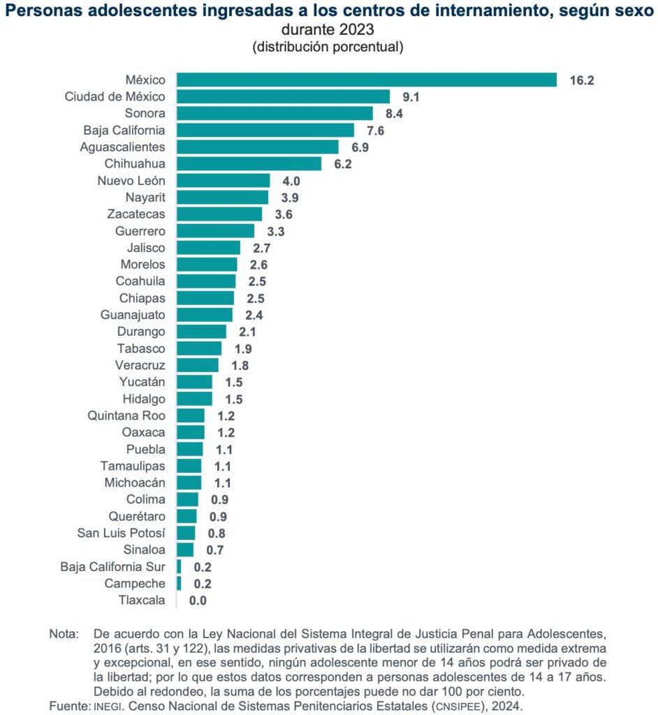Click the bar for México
(x=366, y=80)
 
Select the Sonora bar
(x=275, y=113)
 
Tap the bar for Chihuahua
(x=249, y=163)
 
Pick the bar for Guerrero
(x=215, y=230)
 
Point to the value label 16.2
(x=581, y=80)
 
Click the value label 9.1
(x=409, y=97)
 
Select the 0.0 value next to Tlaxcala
(x=198, y=600)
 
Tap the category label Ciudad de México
(x=115, y=96)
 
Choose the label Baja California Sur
(x=112, y=566)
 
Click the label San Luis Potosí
(x=121, y=533)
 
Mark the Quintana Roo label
(x=126, y=415)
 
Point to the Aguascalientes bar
(x=257, y=147)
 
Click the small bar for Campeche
(x=179, y=583)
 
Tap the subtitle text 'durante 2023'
(x=328, y=30)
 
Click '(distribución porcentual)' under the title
(x=328, y=47)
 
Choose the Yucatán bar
(x=194, y=382)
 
